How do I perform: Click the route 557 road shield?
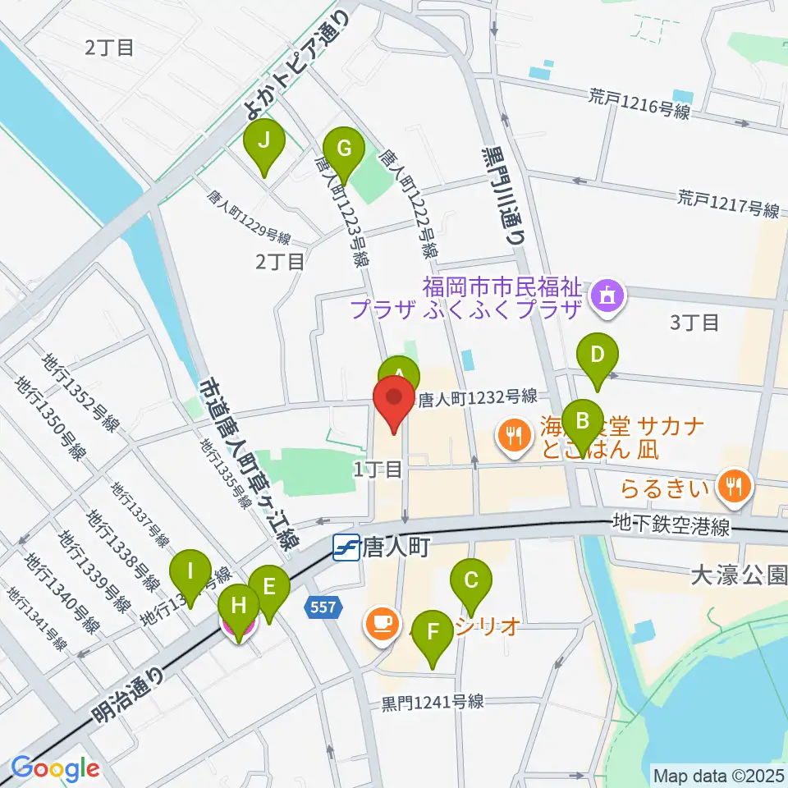(x=322, y=608)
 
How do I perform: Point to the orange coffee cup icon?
(x=381, y=622)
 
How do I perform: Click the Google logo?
(x=54, y=768)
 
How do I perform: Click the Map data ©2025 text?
(x=717, y=774)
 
